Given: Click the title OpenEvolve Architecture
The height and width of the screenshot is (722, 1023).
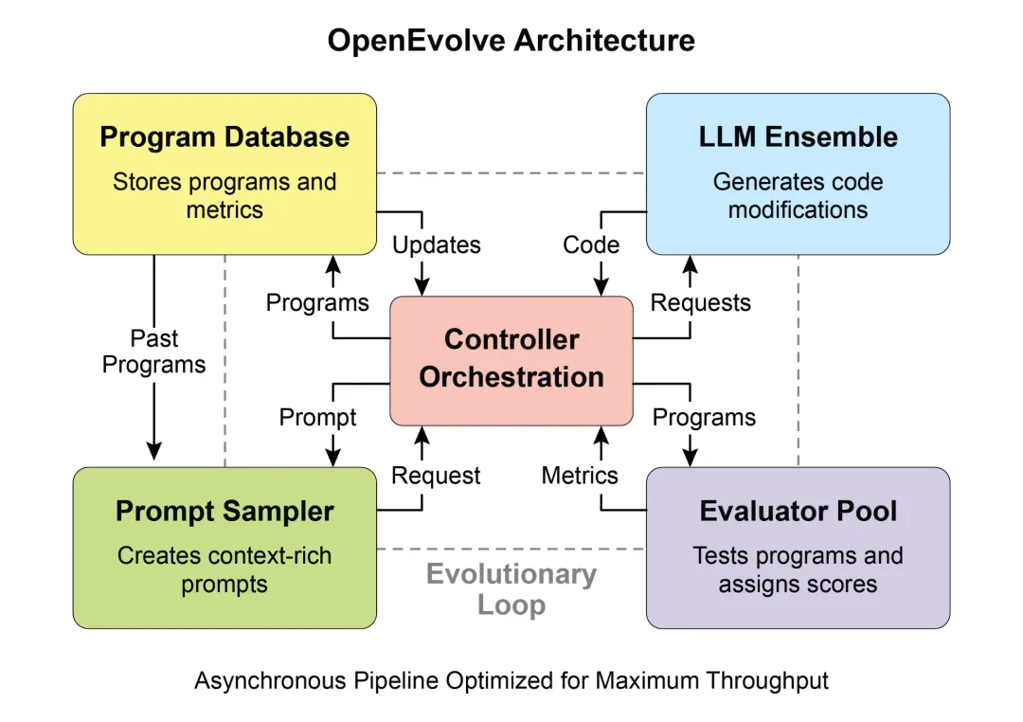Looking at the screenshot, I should click(x=511, y=41).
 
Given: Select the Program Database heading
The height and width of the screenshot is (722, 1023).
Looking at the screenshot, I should click(x=224, y=137).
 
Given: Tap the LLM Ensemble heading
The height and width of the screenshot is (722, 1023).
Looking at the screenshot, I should click(x=798, y=137).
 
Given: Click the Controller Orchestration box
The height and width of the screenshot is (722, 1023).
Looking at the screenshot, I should click(x=511, y=359).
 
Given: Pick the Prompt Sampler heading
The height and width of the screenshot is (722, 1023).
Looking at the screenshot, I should click(x=224, y=512).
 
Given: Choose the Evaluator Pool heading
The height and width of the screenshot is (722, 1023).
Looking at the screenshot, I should click(x=798, y=512).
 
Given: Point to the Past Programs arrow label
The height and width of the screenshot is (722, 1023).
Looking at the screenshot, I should click(x=153, y=352).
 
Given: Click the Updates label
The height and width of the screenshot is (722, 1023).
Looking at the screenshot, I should click(x=437, y=244).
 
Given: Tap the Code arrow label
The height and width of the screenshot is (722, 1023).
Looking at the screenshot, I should click(x=591, y=244).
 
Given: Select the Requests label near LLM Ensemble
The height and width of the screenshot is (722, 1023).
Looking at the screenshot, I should click(x=701, y=303).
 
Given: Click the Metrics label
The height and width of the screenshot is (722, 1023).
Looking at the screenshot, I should click(x=580, y=476).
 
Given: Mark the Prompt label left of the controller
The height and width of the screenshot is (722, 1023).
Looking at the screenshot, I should click(x=317, y=417).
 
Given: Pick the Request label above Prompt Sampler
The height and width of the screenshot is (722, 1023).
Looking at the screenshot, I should click(x=436, y=476).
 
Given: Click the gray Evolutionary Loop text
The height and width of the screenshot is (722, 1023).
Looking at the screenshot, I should click(x=511, y=589).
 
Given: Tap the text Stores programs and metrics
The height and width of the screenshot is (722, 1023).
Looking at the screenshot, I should click(x=224, y=194).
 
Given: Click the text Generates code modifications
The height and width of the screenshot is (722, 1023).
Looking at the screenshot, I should click(x=798, y=194).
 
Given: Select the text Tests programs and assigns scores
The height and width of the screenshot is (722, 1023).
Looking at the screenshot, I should click(x=798, y=569).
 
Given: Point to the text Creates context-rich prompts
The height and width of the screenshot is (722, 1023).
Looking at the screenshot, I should click(x=224, y=569).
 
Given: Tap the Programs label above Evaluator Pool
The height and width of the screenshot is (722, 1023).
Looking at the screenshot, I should click(x=704, y=417).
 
